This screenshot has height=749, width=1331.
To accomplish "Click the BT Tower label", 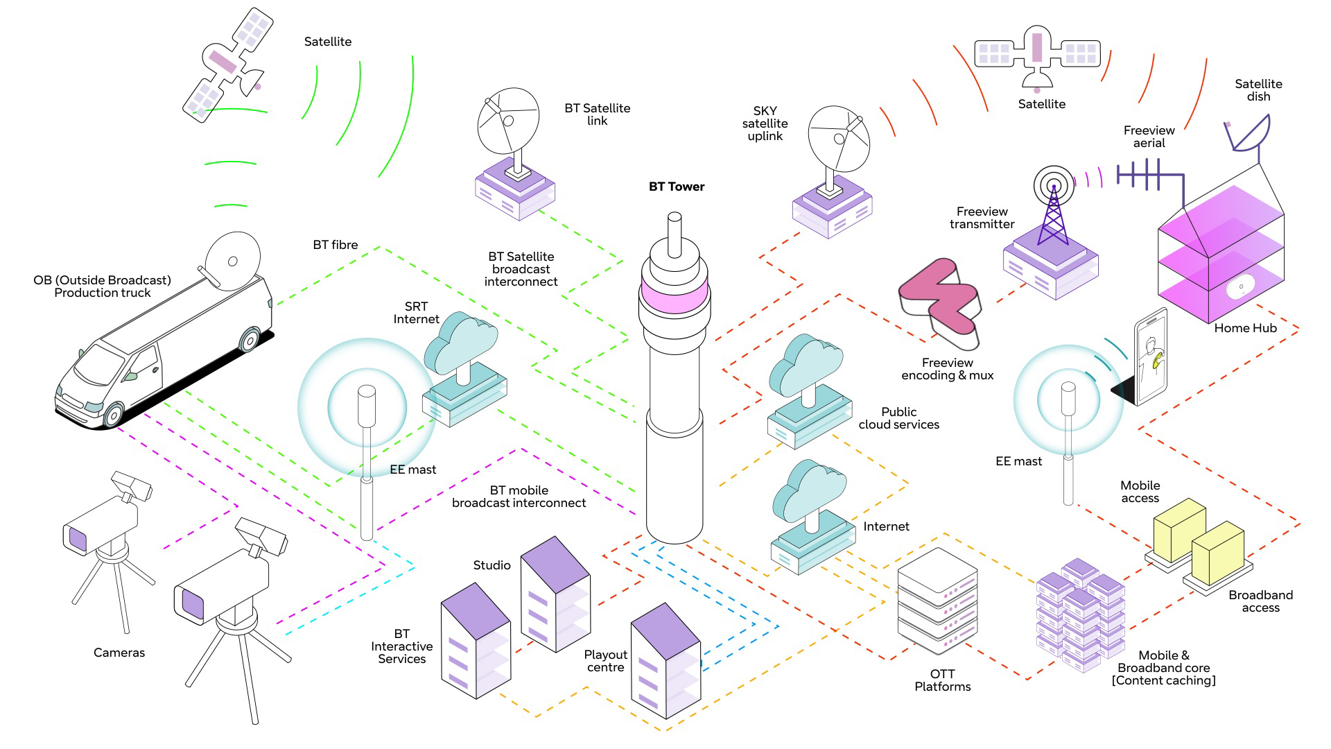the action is point(677,187).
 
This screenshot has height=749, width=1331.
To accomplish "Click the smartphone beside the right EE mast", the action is point(1151,356).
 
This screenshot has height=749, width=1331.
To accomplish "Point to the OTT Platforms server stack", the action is point(937,601).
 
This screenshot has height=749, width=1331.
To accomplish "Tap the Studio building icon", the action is point(555,594).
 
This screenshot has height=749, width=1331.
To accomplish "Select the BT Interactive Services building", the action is point(476,641).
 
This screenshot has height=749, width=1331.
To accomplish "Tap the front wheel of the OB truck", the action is point(112,414).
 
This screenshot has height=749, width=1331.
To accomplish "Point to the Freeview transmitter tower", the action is point(1053,203).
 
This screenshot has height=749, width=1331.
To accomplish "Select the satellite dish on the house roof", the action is point(1249,135).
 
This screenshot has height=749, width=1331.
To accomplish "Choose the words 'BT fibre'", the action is point(336,245).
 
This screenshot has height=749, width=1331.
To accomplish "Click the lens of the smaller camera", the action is point(78,540).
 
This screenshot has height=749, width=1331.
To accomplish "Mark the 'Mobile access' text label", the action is point(1140,492).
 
